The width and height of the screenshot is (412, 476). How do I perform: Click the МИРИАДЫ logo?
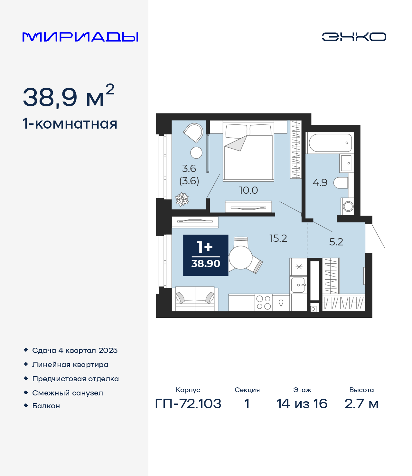[80, 37]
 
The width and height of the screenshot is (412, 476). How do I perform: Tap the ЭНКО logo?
[354, 37]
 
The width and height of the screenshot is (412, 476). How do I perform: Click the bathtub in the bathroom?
[330, 143]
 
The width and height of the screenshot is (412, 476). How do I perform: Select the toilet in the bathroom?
[341, 183]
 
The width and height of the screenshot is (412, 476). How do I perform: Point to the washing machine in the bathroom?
[348, 206]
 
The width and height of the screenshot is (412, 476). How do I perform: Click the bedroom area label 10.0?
[248, 190]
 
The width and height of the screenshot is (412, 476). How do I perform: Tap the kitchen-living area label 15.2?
[278, 238]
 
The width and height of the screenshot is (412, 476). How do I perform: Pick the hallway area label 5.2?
[336, 242]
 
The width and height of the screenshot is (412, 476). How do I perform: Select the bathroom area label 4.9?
[320, 183]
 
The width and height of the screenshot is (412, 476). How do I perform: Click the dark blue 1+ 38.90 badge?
[206, 255]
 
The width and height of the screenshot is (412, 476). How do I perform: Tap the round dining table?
[241, 257]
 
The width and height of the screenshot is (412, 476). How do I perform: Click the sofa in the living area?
[195, 299]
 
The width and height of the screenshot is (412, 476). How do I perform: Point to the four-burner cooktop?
[264, 303]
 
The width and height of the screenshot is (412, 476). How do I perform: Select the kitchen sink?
[298, 285]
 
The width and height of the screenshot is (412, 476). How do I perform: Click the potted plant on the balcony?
[182, 199]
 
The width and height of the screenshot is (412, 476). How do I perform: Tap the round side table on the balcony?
[196, 153]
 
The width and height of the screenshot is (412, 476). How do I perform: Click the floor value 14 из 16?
[302, 404]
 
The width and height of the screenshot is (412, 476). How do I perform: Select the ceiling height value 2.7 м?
[361, 404]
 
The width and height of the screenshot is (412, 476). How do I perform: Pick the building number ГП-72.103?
[188, 404]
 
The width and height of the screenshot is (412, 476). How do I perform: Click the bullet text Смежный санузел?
[68, 393]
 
